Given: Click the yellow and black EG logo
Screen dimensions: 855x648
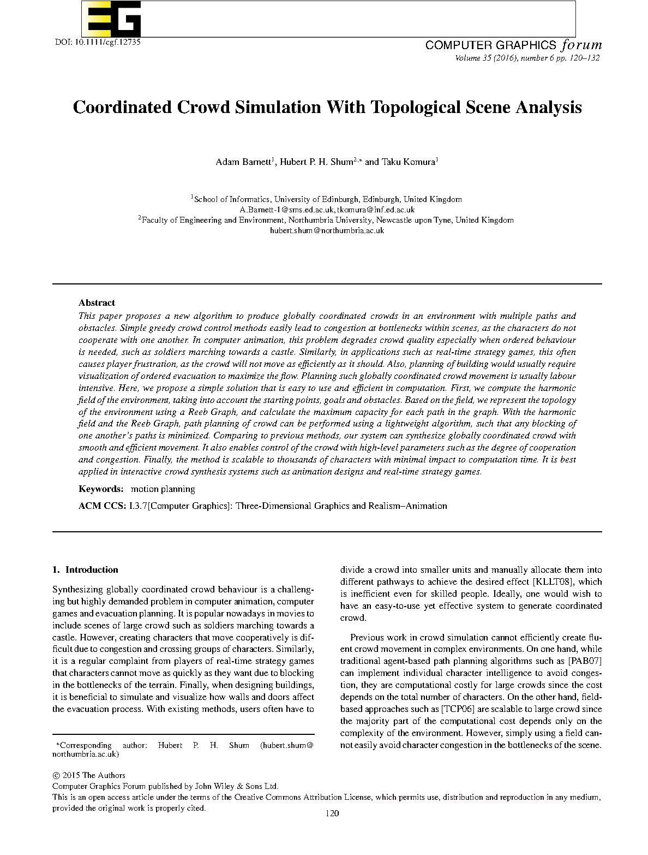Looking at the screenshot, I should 112,19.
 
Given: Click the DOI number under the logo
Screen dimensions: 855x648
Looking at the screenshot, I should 98,42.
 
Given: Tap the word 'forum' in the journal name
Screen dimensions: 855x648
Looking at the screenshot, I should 581,45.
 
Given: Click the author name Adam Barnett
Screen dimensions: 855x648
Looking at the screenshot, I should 243,162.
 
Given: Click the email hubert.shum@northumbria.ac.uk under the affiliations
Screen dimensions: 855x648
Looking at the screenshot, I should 327,230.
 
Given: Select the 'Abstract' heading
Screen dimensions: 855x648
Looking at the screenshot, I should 97,302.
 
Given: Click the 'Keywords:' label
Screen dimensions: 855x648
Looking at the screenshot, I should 101,489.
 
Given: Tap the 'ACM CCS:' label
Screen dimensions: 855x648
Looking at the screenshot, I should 102,506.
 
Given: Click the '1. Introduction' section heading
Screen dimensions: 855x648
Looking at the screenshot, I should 85,569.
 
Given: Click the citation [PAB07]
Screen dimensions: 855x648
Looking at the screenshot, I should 585,661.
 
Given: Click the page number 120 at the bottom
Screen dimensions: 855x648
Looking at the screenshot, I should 332,813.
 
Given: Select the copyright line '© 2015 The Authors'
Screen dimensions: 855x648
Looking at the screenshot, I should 89,775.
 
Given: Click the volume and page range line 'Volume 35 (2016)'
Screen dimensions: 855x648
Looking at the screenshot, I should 527,58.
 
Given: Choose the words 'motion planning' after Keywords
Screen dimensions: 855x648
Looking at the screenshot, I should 163,489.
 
